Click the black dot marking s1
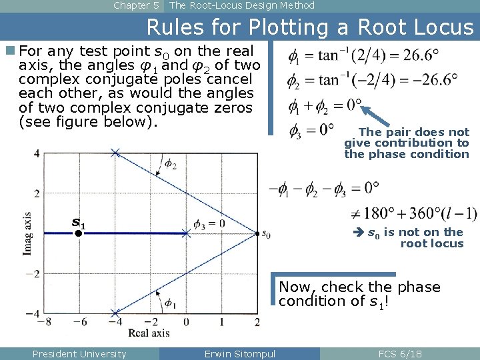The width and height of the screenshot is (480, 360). tap(78, 234)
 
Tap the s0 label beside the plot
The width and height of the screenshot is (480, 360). tap(267, 234)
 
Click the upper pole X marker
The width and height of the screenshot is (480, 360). tap(115, 153)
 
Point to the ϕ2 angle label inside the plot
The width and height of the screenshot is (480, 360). tap(171, 163)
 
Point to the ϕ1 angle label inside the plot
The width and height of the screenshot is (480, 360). tap(171, 303)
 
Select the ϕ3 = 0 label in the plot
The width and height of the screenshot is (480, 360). tap(209, 223)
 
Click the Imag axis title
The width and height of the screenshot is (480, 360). tap(27, 233)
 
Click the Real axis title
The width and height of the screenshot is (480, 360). tap(149, 333)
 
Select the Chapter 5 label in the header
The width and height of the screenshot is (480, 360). tap(136, 5)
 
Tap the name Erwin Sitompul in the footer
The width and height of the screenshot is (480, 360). tap(239, 354)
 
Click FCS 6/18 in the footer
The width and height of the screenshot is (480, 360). tap(399, 354)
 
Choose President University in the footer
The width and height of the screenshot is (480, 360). tap(79, 354)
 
